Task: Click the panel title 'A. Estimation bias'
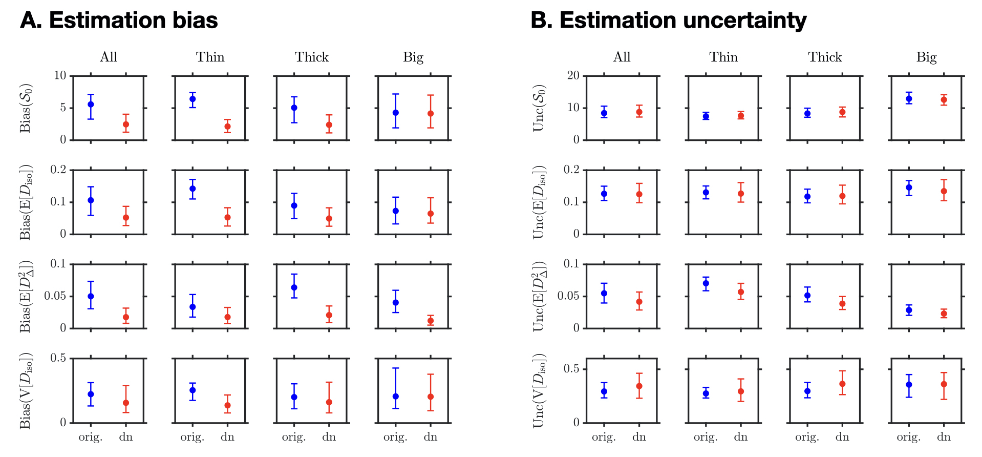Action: pyautogui.click(x=119, y=20)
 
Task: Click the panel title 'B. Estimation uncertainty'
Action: pyautogui.click(x=668, y=20)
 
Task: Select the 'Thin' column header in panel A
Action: pyautogui.click(x=210, y=57)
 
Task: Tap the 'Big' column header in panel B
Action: pyautogui.click(x=926, y=57)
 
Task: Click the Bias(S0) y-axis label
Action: pyautogui.click(x=25, y=108)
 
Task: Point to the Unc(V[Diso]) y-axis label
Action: pyautogui.click(x=539, y=390)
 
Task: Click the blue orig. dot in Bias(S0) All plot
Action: pyautogui.click(x=91, y=104)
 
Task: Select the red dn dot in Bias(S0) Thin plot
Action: pyautogui.click(x=227, y=127)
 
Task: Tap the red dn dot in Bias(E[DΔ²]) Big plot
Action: pyautogui.click(x=431, y=321)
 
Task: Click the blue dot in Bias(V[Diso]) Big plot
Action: pyautogui.click(x=395, y=397)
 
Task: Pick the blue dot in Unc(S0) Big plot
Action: pyautogui.click(x=909, y=99)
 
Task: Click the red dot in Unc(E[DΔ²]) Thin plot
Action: pyautogui.click(x=741, y=292)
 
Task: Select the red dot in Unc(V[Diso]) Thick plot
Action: pyautogui.click(x=842, y=384)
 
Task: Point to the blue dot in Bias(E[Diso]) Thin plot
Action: pyautogui.click(x=193, y=189)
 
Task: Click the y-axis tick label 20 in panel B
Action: pyautogui.click(x=573, y=76)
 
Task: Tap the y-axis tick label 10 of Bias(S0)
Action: pyautogui.click(x=60, y=76)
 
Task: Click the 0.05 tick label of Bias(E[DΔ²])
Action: pyautogui.click(x=55, y=296)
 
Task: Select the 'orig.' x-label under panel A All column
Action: pyautogui.click(x=91, y=437)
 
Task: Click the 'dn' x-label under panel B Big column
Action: pyautogui.click(x=944, y=437)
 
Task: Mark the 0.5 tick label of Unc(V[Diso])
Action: pyautogui.click(x=571, y=369)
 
